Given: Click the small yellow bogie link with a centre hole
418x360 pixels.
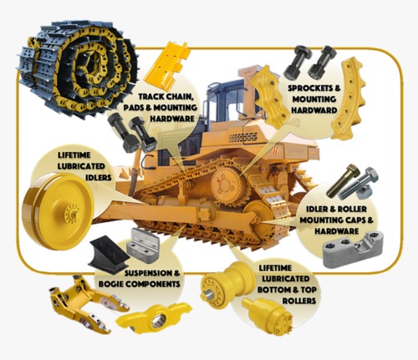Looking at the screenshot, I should pos(145,320).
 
